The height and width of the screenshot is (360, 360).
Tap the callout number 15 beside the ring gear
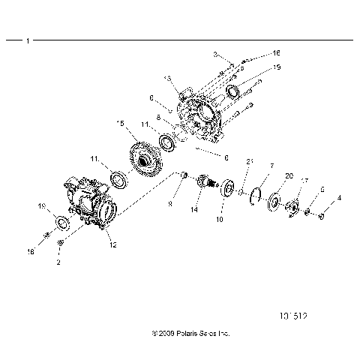(x=120, y=122)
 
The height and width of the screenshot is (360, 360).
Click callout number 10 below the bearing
(x=220, y=220)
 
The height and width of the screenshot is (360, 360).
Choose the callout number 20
(x=267, y=175)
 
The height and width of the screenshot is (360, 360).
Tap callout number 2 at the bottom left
(x=59, y=263)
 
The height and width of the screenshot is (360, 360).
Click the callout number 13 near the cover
(x=167, y=78)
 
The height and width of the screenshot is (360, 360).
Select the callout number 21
(x=250, y=160)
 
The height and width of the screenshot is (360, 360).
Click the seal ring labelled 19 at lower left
(x=63, y=224)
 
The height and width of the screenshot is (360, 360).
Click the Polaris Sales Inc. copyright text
(x=179, y=331)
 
